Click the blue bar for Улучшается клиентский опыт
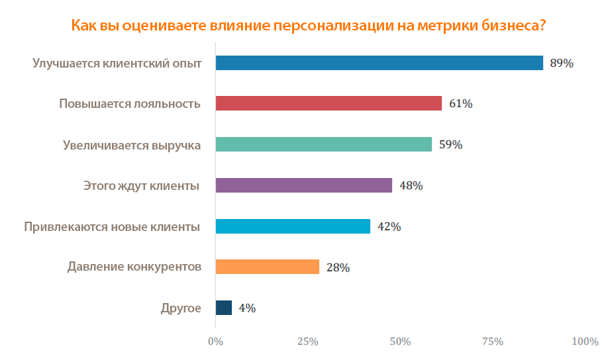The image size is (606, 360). point(379,63)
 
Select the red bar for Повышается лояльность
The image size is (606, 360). point(328,103)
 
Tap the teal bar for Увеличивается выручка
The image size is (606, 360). point(324,144)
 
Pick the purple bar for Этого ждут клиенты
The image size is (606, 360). point(304,185)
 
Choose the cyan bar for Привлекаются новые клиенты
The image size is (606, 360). point(293,226)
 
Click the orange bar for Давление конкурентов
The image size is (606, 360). point(268,267)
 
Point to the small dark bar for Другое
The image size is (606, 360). point(224,308)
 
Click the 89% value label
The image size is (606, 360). point(561,64)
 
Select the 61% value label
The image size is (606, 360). point(460,104)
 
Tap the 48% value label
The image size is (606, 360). point(411,186)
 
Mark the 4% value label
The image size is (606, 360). point(247,308)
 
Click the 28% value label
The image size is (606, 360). point(338,268)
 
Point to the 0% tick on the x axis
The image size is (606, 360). point(215,341)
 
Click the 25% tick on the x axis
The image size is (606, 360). point(307,341)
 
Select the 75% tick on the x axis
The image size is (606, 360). point(493,341)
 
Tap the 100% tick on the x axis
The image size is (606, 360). point(584,341)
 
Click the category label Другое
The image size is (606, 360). point(181,308)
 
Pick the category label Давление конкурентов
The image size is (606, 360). point(134,267)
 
